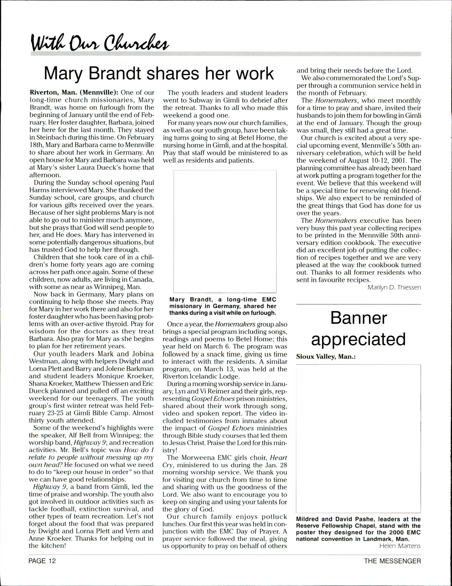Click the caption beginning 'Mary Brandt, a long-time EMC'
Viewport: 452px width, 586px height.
click(223, 306)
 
